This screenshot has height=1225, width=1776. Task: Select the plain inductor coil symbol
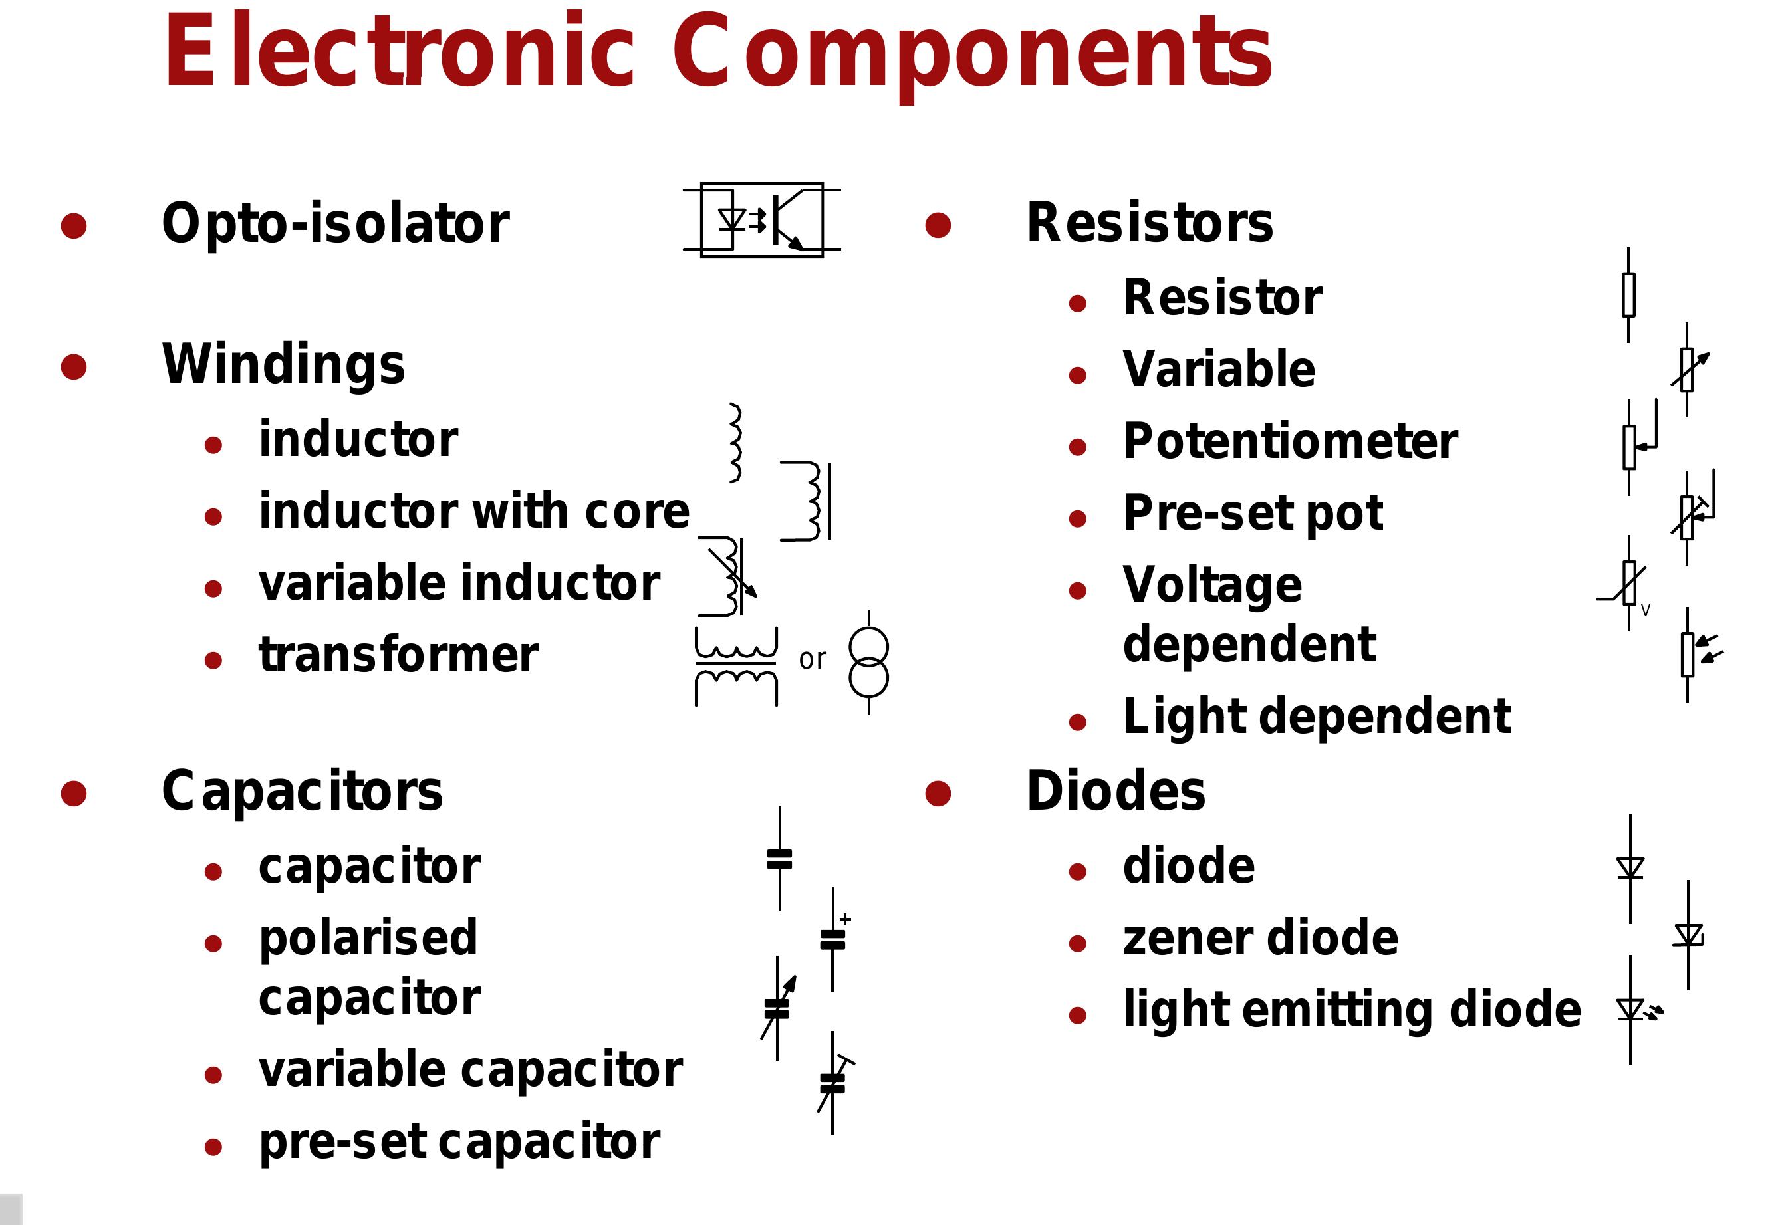coord(735,443)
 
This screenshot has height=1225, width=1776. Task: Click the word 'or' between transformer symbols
coord(813,659)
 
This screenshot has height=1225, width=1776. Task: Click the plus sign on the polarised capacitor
coord(845,919)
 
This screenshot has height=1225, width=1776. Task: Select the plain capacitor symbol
coord(779,859)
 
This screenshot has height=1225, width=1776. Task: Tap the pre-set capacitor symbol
coord(834,1083)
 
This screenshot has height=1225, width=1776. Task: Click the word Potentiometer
coord(1289,441)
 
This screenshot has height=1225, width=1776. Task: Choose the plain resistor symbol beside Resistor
coord(1628,294)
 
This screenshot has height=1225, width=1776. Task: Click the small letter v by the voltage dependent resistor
coord(1645,611)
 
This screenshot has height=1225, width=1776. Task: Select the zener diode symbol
coord(1688,935)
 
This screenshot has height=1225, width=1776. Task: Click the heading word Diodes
coord(1115,792)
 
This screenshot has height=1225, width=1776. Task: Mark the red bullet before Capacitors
coord(74,794)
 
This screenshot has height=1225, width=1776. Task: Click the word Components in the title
coord(971,53)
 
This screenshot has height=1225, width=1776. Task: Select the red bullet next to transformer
coord(213,660)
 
